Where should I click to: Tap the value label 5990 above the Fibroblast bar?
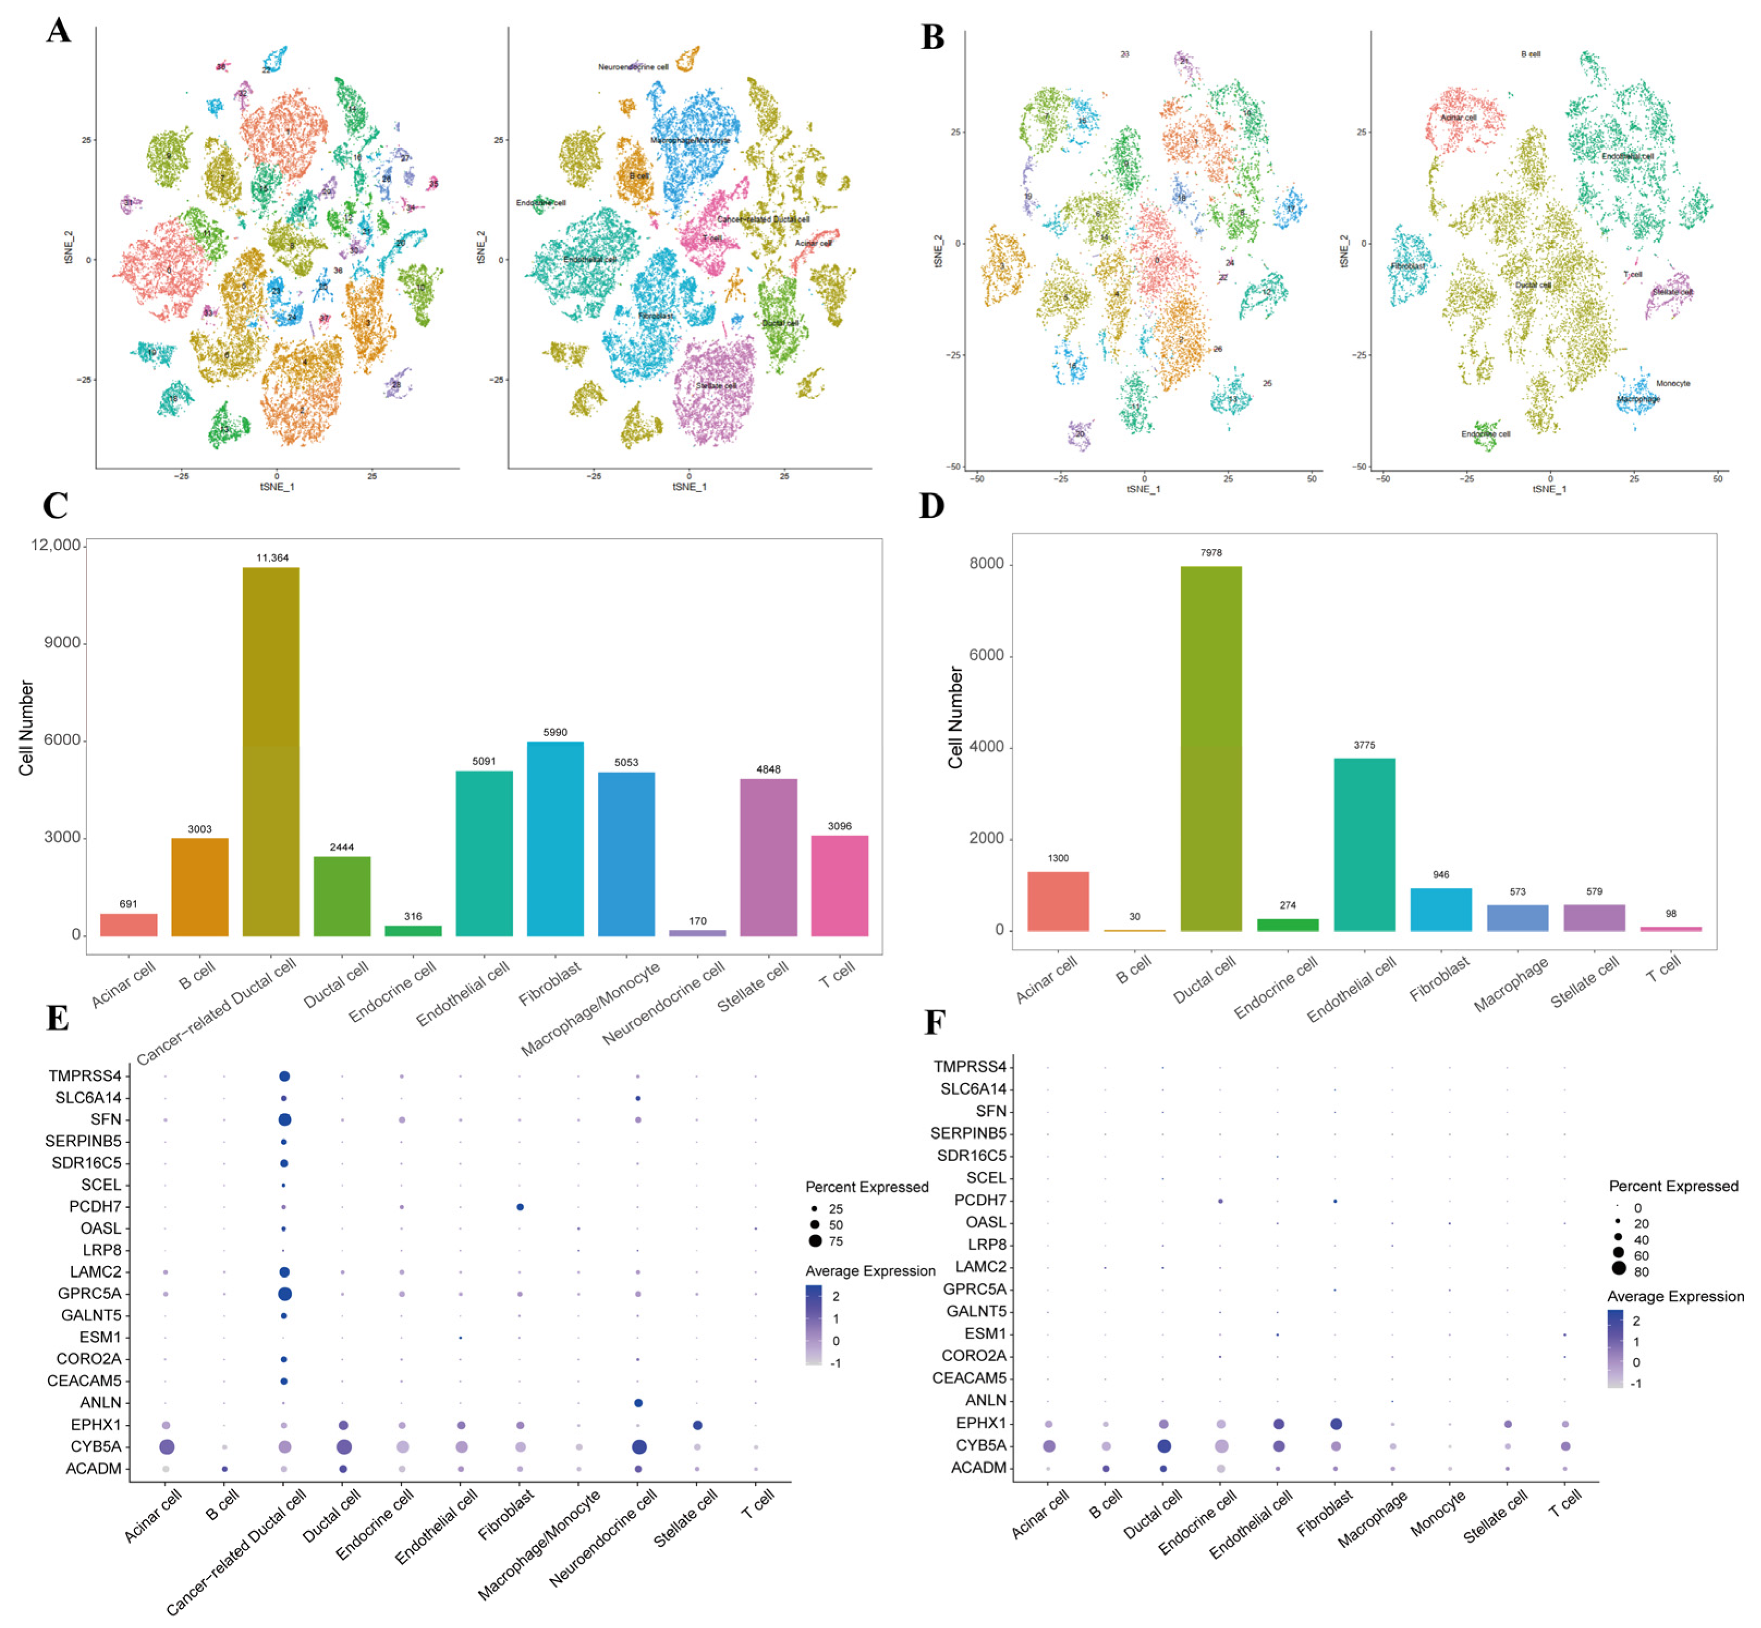(555, 732)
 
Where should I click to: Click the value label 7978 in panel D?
(1211, 552)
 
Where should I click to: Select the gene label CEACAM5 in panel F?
(969, 1378)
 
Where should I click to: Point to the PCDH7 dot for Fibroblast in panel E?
(520, 1207)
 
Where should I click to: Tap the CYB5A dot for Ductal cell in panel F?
(1164, 1446)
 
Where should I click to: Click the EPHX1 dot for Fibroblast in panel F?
(1336, 1424)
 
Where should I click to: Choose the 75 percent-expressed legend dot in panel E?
(815, 1241)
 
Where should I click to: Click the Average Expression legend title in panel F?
(1676, 1296)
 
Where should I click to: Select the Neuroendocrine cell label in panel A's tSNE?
(633, 67)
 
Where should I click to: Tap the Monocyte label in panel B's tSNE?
(1673, 383)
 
